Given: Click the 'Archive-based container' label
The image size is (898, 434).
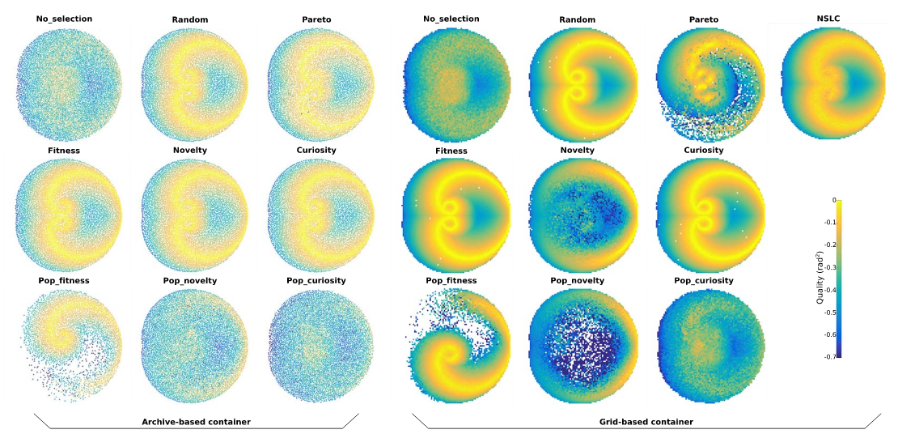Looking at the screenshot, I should pyautogui.click(x=196, y=421).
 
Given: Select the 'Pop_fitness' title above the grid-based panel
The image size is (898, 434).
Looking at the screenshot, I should pyautogui.click(x=451, y=280).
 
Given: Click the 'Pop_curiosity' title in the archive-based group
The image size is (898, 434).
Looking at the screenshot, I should pyautogui.click(x=316, y=280).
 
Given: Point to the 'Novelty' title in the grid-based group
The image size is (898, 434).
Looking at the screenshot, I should pyautogui.click(x=577, y=150).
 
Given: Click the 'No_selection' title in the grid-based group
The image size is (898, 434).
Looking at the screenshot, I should pyautogui.click(x=451, y=19).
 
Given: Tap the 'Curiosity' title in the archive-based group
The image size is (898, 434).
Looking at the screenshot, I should pyautogui.click(x=316, y=150).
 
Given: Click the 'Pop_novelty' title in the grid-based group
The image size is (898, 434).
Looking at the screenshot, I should pyautogui.click(x=577, y=280).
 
